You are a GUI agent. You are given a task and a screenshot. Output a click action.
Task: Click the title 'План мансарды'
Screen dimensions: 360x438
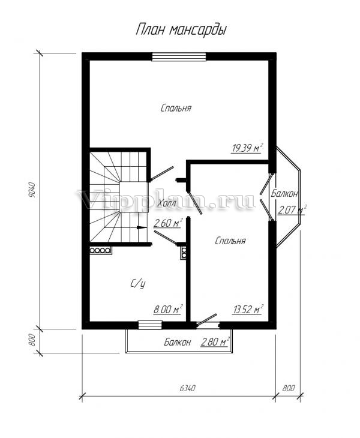coord(181,30)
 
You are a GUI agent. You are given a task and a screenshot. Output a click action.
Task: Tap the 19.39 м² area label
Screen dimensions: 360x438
coord(247,148)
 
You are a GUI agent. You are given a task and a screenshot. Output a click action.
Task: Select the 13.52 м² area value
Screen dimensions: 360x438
coord(248,309)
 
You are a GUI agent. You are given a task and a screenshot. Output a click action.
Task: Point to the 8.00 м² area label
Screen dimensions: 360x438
coord(168,309)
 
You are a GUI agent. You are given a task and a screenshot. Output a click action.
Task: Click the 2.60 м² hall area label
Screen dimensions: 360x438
coord(168,223)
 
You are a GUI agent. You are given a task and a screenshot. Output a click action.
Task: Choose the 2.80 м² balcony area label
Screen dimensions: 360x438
coord(215,341)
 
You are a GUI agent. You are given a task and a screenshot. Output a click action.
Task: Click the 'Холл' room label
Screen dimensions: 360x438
coord(166,203)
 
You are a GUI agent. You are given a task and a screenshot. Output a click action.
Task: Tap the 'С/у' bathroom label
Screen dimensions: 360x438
coord(138,284)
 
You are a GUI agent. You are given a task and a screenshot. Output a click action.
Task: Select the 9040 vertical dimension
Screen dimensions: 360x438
coord(32,190)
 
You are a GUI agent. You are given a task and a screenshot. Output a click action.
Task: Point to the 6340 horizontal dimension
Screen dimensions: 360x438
coord(187,388)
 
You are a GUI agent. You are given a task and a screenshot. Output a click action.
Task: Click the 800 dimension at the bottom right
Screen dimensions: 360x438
coord(289,388)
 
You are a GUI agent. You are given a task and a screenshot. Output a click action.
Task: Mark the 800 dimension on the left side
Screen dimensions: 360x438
coord(32,340)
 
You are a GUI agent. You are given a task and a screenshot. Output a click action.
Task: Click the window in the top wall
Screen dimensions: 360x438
coord(179,57)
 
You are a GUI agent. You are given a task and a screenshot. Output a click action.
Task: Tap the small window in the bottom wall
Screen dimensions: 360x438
coord(150,325)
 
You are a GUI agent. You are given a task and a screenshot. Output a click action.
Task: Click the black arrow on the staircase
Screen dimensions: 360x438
coord(142,227)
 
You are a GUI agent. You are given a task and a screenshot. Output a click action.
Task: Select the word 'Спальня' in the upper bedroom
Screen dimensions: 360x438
coord(176,108)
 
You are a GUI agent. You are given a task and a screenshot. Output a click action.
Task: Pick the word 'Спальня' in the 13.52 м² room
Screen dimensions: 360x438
coord(230,241)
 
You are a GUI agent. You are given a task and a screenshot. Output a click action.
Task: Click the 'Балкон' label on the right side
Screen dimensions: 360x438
coord(284,194)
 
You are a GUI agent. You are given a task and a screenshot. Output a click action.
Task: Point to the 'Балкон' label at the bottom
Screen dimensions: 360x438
coord(178,342)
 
